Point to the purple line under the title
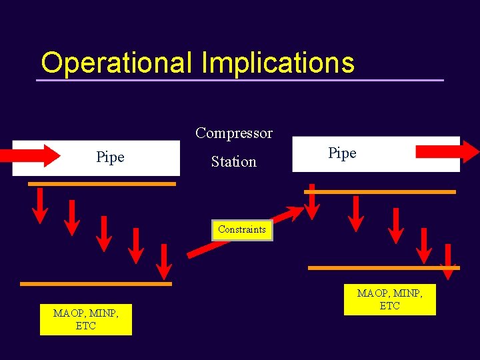240,81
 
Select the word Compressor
234,133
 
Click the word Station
234,161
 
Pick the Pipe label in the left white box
110,157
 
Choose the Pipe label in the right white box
343,153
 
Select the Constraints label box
242,229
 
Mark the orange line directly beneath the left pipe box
102,183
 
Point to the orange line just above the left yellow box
96,284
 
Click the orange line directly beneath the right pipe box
380,191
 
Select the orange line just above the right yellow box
383,268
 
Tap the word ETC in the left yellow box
86,326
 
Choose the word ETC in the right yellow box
389,306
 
